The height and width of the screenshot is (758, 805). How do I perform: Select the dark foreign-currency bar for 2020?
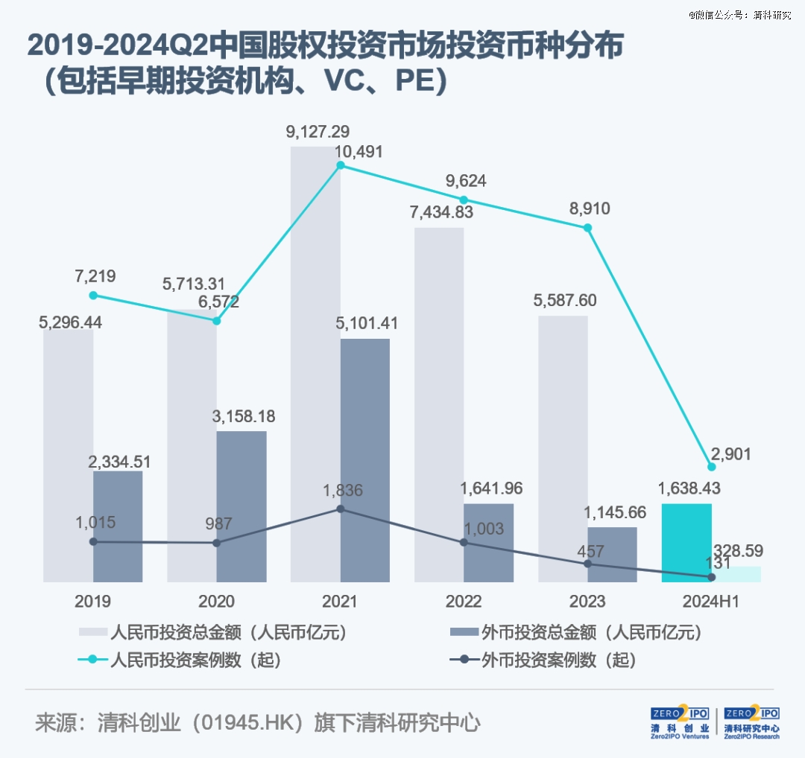[241, 506]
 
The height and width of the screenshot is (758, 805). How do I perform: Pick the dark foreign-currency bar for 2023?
[612, 554]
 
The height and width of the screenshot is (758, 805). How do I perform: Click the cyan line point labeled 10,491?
[341, 165]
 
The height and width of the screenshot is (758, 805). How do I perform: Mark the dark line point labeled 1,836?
[341, 509]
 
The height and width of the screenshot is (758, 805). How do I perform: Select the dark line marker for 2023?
[587, 564]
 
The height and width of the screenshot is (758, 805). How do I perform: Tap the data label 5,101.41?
[366, 324]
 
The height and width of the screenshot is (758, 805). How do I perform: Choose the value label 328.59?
[739, 551]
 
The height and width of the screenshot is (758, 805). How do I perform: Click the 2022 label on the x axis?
[464, 602]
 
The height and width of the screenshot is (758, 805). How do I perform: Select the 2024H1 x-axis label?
[712, 602]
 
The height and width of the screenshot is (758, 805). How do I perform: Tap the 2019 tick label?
[92, 602]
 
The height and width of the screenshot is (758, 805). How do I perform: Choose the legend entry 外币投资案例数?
[560, 660]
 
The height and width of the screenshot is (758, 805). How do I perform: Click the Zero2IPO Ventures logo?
[680, 723]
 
